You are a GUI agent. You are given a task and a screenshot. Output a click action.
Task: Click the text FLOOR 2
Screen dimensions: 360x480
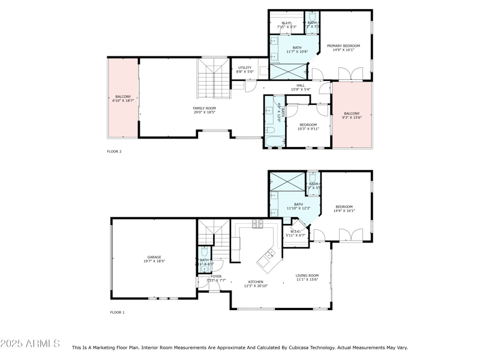coord(114,152)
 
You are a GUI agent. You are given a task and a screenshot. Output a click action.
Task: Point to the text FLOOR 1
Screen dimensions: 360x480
coord(117,312)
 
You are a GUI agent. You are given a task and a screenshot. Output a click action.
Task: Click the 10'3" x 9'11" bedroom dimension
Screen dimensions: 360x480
coord(308,128)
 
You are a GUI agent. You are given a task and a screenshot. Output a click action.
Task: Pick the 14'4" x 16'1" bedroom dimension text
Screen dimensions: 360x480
coord(344,211)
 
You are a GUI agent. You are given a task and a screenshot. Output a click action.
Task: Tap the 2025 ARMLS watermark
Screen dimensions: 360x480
coord(30,344)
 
